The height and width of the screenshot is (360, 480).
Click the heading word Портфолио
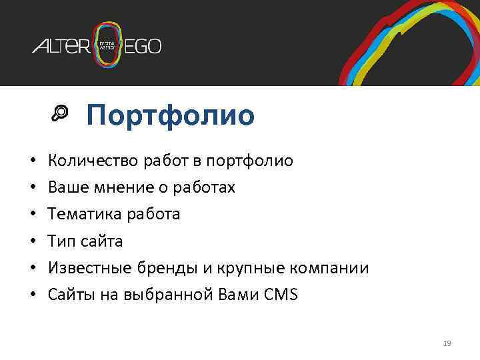(x=170, y=115)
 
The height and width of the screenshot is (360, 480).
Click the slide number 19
(x=447, y=343)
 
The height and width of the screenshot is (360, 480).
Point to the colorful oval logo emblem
(x=109, y=45)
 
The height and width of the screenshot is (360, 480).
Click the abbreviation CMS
(x=281, y=295)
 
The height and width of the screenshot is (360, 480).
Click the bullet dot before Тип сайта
(x=31, y=241)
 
